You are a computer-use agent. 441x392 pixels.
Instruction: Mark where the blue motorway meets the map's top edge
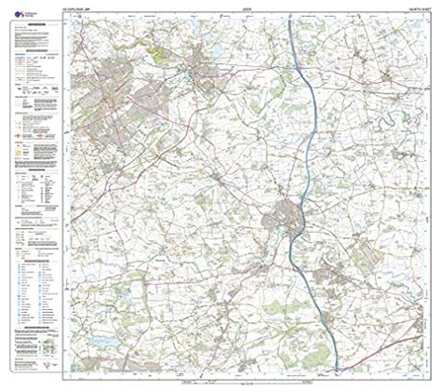[291, 19]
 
